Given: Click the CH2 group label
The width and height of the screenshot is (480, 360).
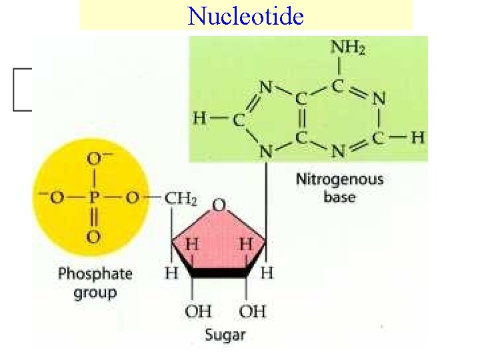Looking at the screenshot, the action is point(181,199).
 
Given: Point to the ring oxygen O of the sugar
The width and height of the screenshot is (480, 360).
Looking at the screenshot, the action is point(218,205).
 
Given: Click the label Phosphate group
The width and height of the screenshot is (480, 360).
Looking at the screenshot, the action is point(95,282).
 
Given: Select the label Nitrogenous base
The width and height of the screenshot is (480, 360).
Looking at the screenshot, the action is point(339,187).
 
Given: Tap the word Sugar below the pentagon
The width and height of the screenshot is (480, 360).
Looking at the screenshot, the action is point(225,335).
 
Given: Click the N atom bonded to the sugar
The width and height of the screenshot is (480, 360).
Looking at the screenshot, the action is point(266,153).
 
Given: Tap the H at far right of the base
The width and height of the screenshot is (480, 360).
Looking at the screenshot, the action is point(417,138).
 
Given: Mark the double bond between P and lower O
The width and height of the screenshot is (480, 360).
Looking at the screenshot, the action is point(93,217).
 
